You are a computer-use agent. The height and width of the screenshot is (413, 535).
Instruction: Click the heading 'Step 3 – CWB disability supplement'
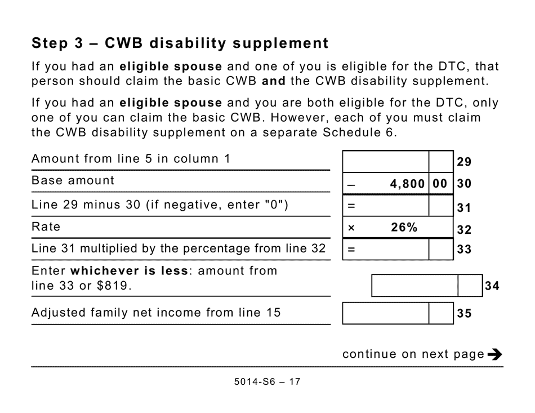[x=180, y=43]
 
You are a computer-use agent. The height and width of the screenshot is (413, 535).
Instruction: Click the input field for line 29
[x=386, y=161]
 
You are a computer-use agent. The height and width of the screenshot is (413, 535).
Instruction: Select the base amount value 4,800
[x=407, y=184]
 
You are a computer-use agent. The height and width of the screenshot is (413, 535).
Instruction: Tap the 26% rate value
[x=404, y=228]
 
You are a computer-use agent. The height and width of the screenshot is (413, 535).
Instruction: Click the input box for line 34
[x=414, y=286]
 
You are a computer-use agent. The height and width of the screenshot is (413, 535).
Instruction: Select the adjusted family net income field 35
[x=386, y=313]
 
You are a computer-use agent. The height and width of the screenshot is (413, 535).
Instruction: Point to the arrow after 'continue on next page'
[x=495, y=354]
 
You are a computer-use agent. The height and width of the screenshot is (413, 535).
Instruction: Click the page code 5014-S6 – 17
[x=267, y=381]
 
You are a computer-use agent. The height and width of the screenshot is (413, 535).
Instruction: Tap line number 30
[x=464, y=184]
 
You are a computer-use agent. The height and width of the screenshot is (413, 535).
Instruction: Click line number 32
[x=464, y=229]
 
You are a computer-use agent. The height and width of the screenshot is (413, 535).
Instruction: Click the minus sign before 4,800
[x=351, y=184]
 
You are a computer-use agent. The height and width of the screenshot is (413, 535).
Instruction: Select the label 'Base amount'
[x=73, y=181]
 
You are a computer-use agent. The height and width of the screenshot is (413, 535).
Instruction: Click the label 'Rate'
[x=46, y=227]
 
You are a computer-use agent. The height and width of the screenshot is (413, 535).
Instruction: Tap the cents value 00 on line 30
[x=440, y=184]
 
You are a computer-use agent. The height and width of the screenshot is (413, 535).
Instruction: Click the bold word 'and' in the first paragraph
[x=274, y=81]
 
